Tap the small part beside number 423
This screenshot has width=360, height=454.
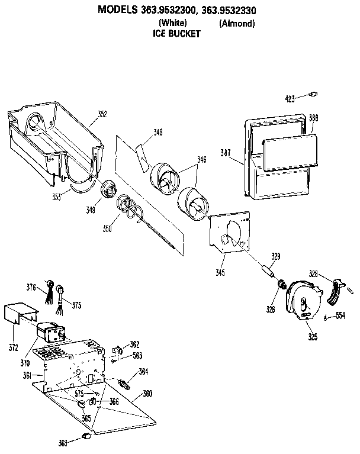pyautogui.click(x=314, y=94)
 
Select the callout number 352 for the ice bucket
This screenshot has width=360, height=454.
pyautogui.click(x=102, y=114)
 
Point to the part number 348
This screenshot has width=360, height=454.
pyautogui.click(x=157, y=132)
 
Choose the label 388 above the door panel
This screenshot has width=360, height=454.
pyautogui.click(x=313, y=118)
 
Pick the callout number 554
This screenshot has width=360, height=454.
pyautogui.click(x=340, y=315)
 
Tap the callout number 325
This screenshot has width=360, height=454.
pyautogui.click(x=311, y=337)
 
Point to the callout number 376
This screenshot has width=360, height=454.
pyautogui.click(x=31, y=288)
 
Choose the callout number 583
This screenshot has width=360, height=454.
pyautogui.click(x=137, y=356)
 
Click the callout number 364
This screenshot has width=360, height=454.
pyautogui.click(x=143, y=371)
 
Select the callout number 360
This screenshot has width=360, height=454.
pyautogui.click(x=147, y=394)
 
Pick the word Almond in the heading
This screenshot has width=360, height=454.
pyautogui.click(x=237, y=23)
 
